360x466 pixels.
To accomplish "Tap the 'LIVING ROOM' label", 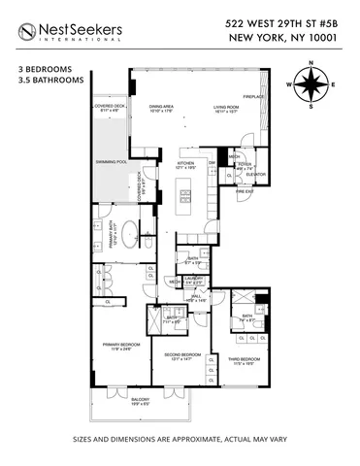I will click(226, 107).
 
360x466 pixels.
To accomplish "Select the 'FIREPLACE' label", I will click(253, 96).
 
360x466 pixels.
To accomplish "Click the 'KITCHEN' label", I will click(185, 162).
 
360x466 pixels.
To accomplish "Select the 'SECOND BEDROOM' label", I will click(180, 355).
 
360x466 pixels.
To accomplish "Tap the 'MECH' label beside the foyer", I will click(233, 155).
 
